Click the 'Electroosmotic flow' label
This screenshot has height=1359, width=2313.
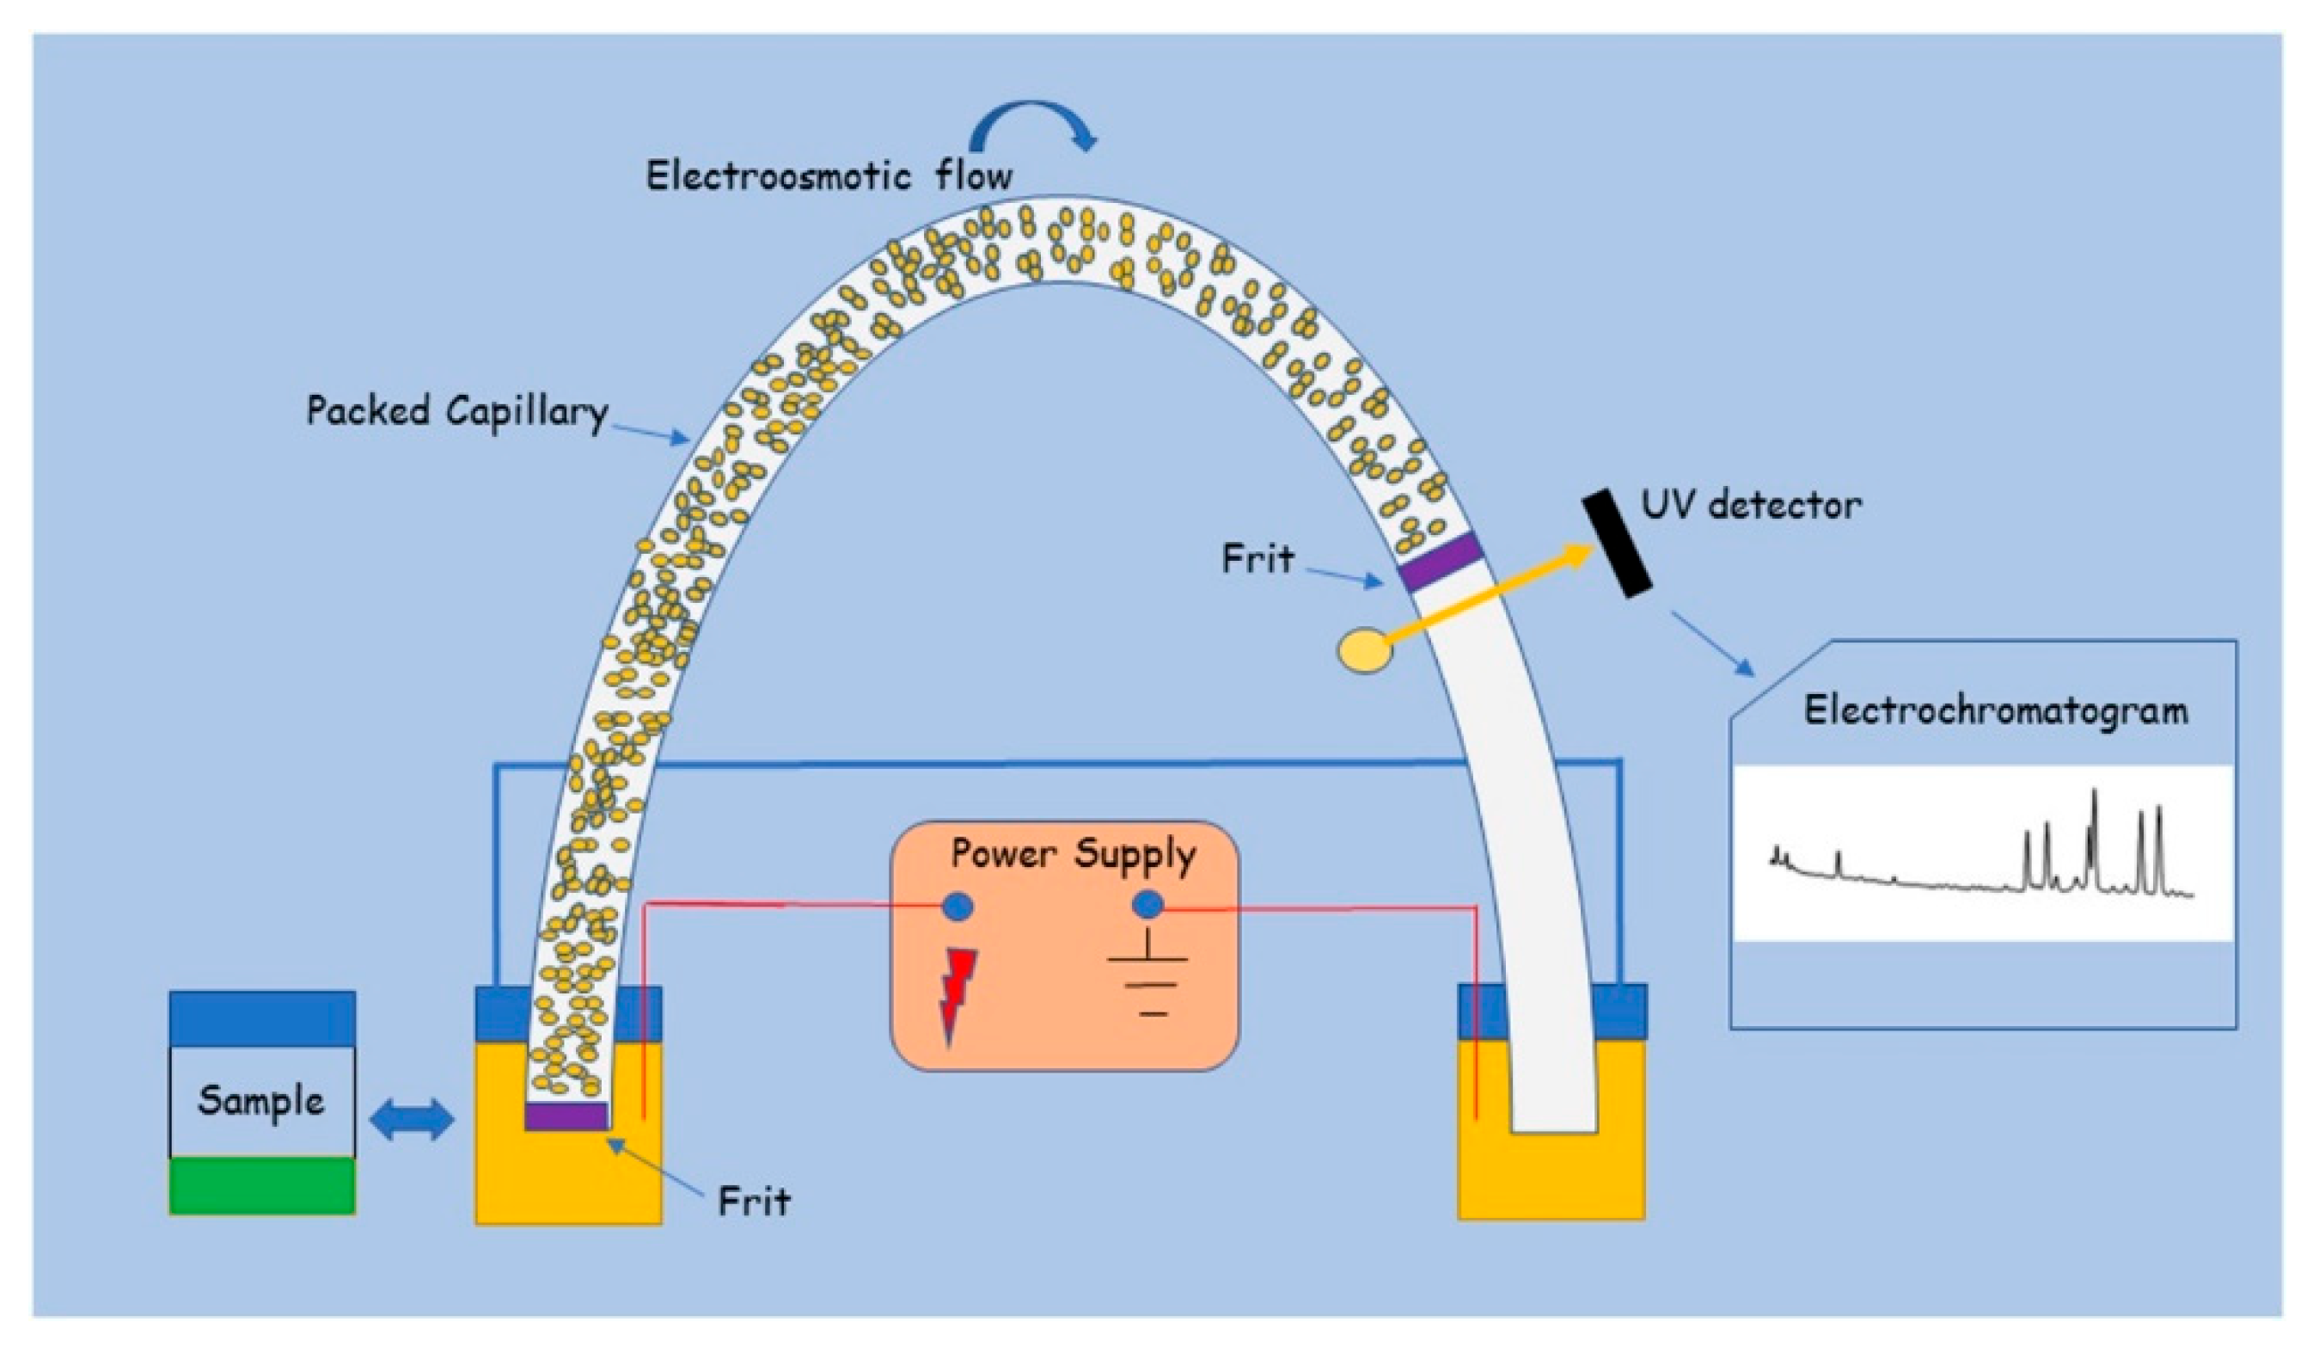click(829, 175)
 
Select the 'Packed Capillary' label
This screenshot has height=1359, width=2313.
click(457, 411)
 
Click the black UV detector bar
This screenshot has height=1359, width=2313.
click(1616, 544)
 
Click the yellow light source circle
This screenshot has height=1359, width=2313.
click(1365, 650)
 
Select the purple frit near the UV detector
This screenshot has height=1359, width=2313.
click(1439, 561)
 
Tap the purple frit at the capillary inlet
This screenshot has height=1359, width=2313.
click(566, 1116)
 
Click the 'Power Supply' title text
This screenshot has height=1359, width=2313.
click(1074, 854)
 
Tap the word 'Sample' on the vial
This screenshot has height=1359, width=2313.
click(261, 1100)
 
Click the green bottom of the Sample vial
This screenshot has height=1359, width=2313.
click(262, 1185)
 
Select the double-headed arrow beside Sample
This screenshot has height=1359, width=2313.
click(411, 1120)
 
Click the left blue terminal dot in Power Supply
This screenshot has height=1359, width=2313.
click(958, 907)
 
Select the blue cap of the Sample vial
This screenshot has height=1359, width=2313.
click(262, 1018)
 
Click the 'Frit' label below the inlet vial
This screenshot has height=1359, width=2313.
click(754, 1200)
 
